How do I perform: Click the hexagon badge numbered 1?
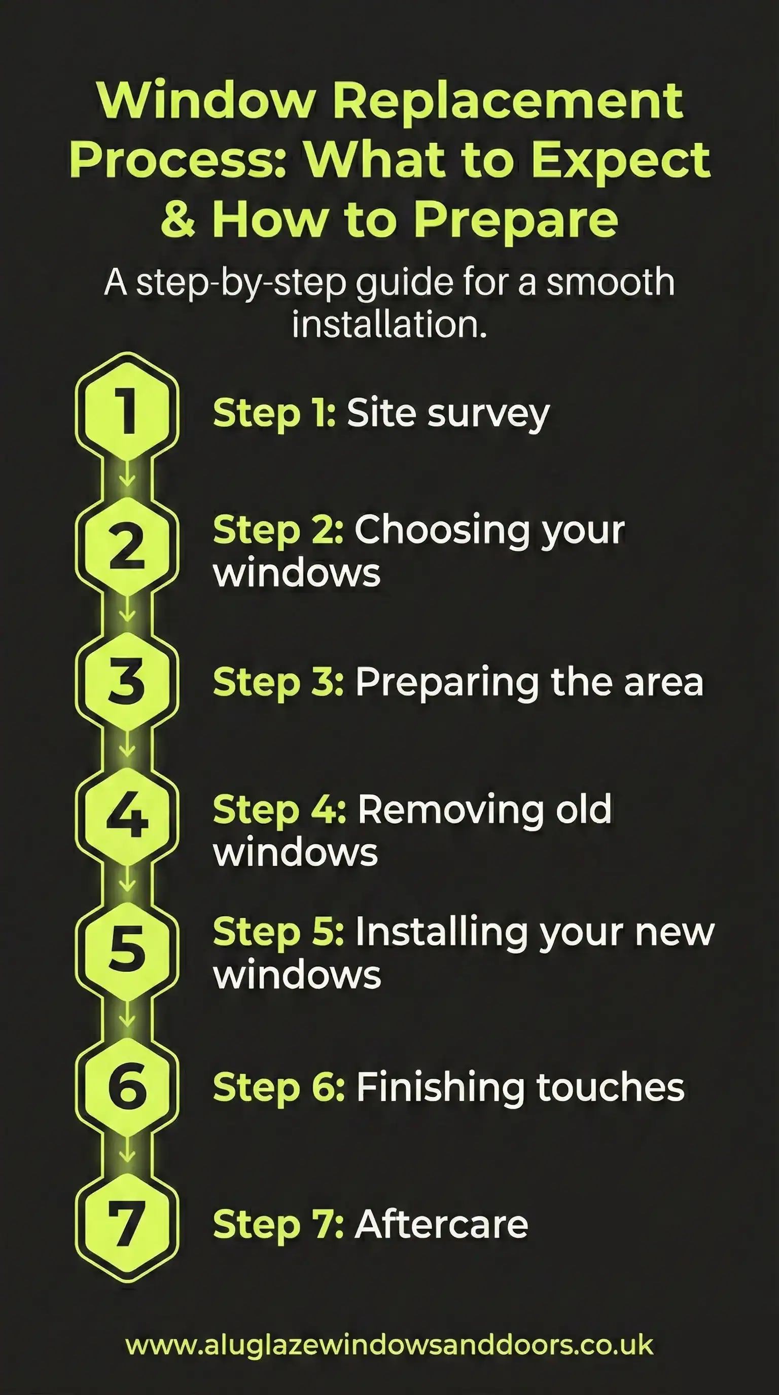pyautogui.click(x=127, y=411)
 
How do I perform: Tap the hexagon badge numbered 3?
pyautogui.click(x=127, y=681)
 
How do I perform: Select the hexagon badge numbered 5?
pyautogui.click(x=127, y=951)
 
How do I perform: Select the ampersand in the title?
pyautogui.click(x=178, y=219)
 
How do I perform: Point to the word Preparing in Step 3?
pyautogui.click(x=447, y=682)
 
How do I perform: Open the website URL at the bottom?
pyautogui.click(x=389, y=1345)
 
